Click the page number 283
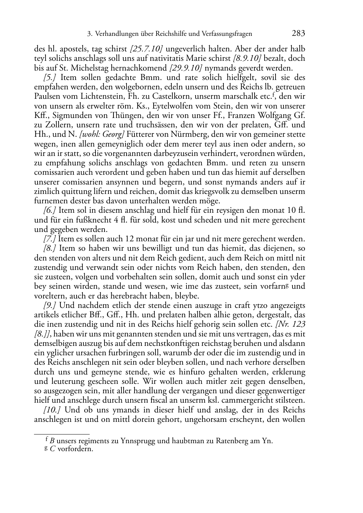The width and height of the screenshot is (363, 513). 298,34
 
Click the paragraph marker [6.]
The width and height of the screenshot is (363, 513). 49,210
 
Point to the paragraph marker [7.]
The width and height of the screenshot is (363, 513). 49,239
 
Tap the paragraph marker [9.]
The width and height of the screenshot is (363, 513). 50,305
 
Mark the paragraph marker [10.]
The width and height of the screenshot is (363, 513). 51,410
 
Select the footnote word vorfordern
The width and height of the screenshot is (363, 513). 75,449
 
